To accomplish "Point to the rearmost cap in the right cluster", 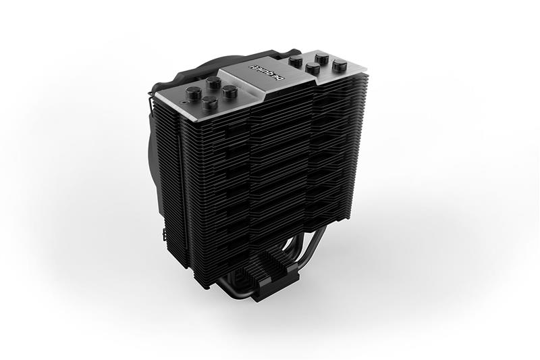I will tap(322, 57).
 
